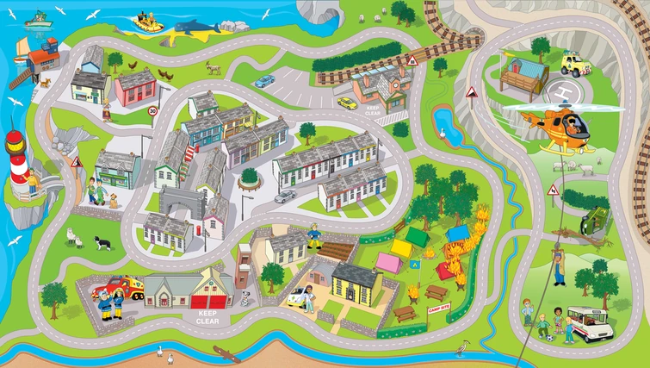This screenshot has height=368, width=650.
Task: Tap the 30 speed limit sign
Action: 152,111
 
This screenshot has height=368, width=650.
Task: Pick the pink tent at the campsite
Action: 388,261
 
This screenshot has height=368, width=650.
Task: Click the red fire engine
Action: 120,289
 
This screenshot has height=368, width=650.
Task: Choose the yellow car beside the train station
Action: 347,103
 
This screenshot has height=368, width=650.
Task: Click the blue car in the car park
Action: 264,81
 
